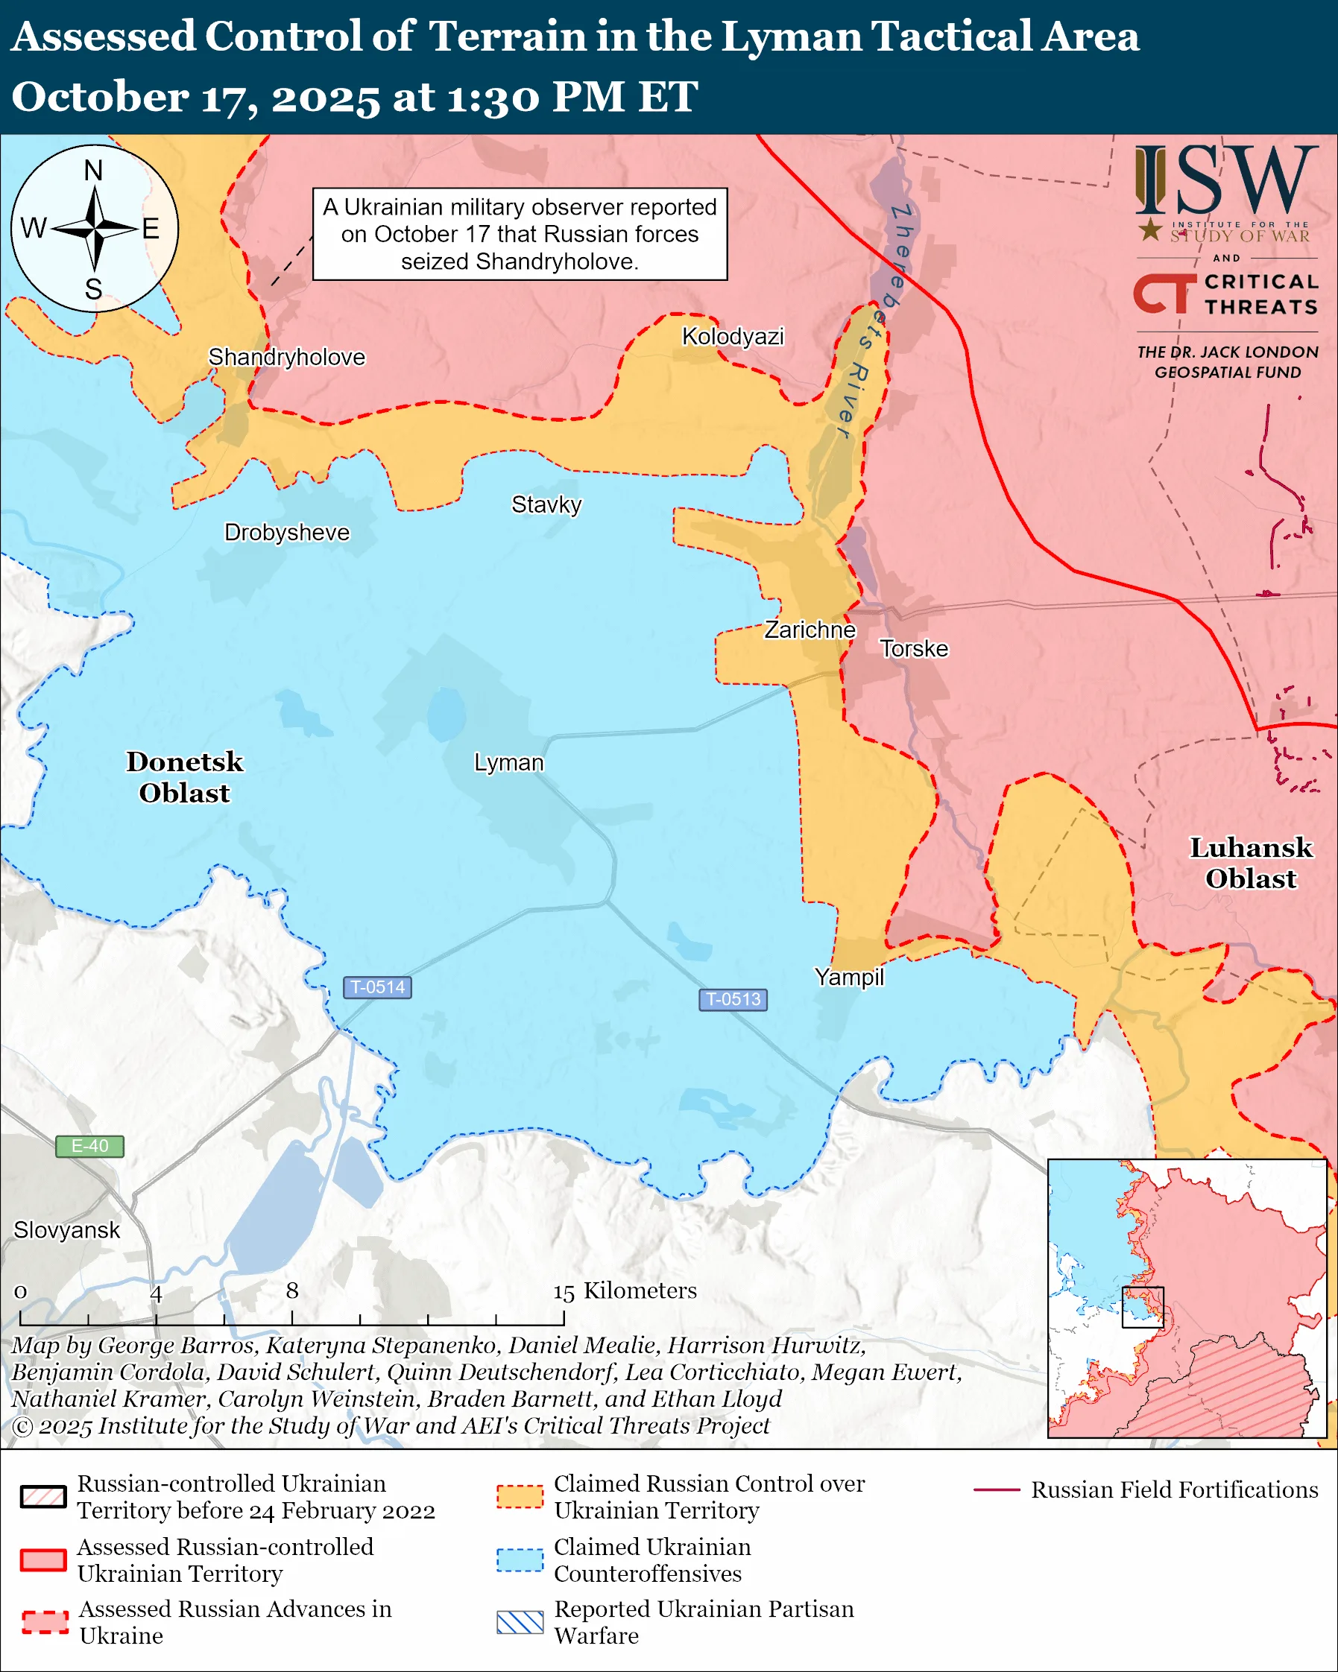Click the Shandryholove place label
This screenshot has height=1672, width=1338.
coord(286,357)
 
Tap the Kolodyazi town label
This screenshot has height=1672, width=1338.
coord(732,336)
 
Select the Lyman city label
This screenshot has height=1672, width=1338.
coord(508,762)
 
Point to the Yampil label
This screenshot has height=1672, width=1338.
coord(848,976)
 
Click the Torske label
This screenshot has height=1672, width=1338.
coord(914,648)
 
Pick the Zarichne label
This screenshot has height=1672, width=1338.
coord(810,629)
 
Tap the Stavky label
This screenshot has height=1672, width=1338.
coord(546,504)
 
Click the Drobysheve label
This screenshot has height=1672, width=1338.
coord(286,532)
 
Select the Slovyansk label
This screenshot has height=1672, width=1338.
coord(66,1230)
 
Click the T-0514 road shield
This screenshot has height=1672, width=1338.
coord(377,987)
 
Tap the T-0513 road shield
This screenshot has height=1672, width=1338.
coord(733,999)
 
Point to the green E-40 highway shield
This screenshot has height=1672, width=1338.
coord(89,1146)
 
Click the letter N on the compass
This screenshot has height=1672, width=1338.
coord(93,170)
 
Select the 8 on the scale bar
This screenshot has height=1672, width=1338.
coord(291,1291)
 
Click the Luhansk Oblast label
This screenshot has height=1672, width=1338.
coord(1250,862)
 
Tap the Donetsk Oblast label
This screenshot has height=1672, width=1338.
coord(185,776)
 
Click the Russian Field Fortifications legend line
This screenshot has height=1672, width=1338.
coord(996,1489)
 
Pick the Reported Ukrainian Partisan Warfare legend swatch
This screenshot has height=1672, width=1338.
coord(519,1622)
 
